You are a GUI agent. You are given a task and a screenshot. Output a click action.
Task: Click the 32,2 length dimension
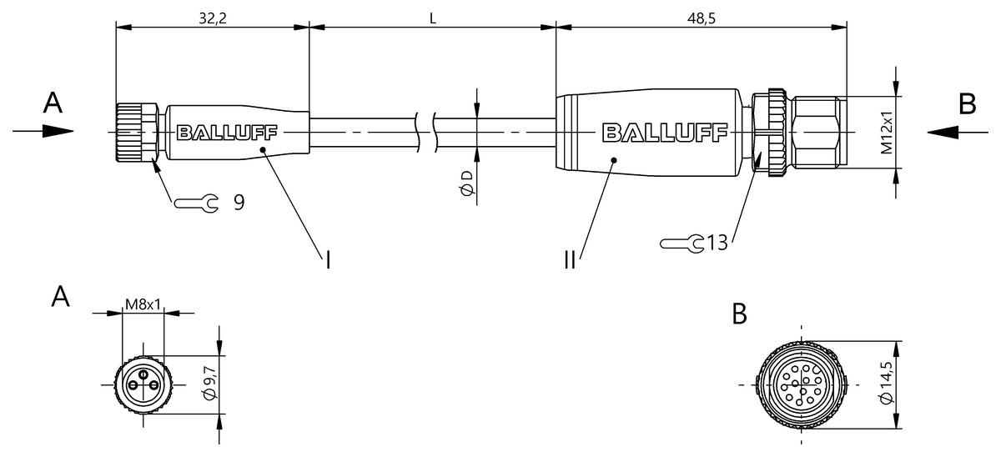(213, 18)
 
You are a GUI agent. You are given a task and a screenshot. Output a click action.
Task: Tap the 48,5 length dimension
(702, 18)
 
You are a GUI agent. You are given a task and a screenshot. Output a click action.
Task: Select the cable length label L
(433, 18)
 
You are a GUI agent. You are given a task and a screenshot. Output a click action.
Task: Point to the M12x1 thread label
(887, 133)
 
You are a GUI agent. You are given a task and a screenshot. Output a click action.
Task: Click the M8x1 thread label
(143, 304)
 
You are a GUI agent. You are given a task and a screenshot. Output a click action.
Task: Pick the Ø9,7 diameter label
(209, 382)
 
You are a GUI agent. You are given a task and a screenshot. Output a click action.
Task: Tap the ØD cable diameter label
(466, 183)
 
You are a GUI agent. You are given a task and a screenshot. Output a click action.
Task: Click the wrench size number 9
(239, 203)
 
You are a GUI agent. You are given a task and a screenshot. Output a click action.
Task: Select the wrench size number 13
(717, 243)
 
